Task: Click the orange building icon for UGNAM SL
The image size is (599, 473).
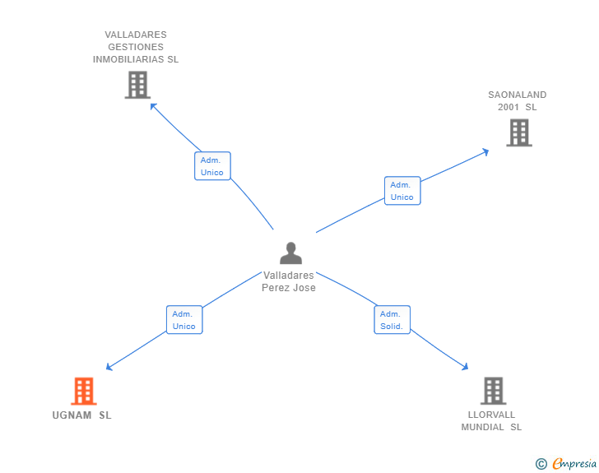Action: [84, 391]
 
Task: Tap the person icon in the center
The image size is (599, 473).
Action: [290, 253]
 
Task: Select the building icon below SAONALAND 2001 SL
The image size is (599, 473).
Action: [519, 132]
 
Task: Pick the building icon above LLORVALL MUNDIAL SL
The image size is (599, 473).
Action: [493, 391]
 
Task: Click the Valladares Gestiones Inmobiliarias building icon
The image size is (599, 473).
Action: [137, 85]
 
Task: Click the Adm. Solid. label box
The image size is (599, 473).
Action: [392, 320]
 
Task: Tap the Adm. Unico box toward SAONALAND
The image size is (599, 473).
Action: [402, 191]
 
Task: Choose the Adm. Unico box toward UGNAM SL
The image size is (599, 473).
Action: [184, 320]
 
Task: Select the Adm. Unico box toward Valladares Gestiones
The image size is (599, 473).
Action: [212, 166]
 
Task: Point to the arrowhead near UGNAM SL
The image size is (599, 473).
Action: [109, 367]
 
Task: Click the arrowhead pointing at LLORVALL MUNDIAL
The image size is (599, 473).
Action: [465, 367]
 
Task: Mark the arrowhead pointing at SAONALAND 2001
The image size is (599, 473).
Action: [485, 151]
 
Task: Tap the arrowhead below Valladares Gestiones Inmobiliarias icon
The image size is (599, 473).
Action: [154, 106]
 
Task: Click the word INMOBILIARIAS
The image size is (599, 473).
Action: [128, 59]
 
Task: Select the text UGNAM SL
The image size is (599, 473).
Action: [81, 415]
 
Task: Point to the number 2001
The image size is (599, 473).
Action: [508, 107]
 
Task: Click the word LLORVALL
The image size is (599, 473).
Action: [492, 415]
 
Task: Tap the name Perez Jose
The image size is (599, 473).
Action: [289, 288]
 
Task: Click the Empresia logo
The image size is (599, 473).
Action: [574, 463]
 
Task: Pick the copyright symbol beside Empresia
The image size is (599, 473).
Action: [541, 464]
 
